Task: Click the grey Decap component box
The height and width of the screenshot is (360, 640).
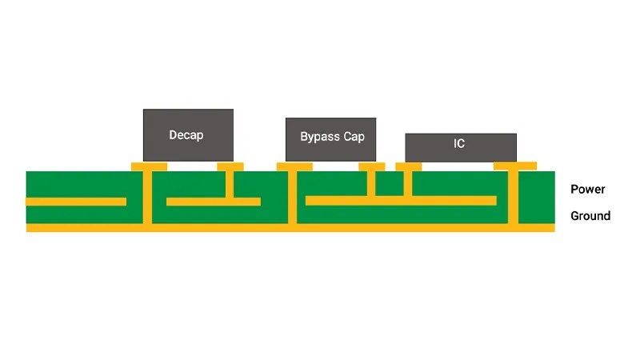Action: click(x=188, y=134)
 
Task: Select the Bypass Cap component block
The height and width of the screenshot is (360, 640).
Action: click(x=331, y=138)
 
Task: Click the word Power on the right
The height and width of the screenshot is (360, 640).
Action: click(x=587, y=190)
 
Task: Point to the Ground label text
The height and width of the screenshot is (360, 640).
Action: click(x=590, y=216)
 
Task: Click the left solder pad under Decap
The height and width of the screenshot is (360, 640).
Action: click(x=149, y=166)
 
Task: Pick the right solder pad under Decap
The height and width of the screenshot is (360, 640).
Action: click(x=230, y=166)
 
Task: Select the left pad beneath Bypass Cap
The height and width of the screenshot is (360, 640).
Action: click(x=294, y=166)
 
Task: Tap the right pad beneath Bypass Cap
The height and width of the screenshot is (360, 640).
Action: click(x=371, y=166)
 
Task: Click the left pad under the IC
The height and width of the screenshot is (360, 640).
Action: click(x=409, y=166)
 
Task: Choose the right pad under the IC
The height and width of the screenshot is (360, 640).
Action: click(x=514, y=166)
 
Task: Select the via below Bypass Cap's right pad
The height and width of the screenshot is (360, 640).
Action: click(x=371, y=183)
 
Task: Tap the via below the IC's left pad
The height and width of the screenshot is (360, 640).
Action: click(x=409, y=183)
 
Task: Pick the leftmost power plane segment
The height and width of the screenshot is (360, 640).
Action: click(x=76, y=201)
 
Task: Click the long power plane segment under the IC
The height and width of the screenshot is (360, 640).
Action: click(x=401, y=200)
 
